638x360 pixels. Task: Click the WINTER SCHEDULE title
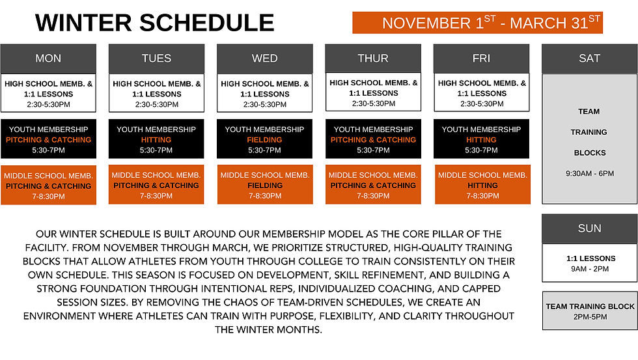pyautogui.click(x=154, y=23)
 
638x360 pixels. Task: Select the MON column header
pyautogui.click(x=48, y=59)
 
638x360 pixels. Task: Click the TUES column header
pyautogui.click(x=156, y=59)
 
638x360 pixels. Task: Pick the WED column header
pyautogui.click(x=264, y=59)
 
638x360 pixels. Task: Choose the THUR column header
pyautogui.click(x=373, y=59)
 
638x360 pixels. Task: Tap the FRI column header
pyautogui.click(x=481, y=59)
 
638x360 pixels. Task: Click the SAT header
pyautogui.click(x=589, y=59)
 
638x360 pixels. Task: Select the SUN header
pyautogui.click(x=589, y=228)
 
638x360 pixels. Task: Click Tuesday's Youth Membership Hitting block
pyautogui.click(x=156, y=139)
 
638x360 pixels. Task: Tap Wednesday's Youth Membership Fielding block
pyautogui.click(x=264, y=139)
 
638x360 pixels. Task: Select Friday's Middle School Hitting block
pyautogui.click(x=482, y=185)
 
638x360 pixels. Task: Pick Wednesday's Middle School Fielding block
pyautogui.click(x=264, y=185)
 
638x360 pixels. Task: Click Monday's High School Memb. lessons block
pyautogui.click(x=48, y=94)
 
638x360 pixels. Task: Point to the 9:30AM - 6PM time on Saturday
pyautogui.click(x=589, y=174)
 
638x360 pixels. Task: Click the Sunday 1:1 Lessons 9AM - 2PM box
pyautogui.click(x=589, y=263)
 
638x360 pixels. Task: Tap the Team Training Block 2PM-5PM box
pyautogui.click(x=589, y=311)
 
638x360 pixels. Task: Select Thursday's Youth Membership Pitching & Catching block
pyautogui.click(x=373, y=139)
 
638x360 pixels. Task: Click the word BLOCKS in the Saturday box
pyautogui.click(x=589, y=153)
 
